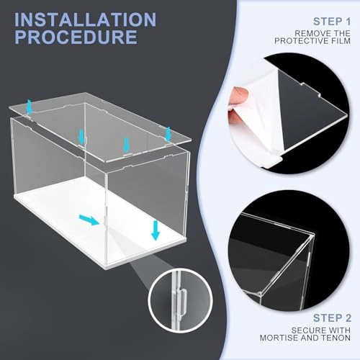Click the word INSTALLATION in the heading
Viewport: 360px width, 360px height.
tap(85, 19)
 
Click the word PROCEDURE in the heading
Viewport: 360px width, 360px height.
tap(76, 37)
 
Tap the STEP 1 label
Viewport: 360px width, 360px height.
tap(332, 22)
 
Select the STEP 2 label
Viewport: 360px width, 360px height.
tap(332, 318)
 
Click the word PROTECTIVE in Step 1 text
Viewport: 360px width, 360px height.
tap(301, 41)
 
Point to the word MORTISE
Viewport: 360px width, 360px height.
tap(279, 338)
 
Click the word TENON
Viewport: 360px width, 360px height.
tap(337, 338)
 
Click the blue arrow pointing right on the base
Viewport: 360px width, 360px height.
tap(89, 220)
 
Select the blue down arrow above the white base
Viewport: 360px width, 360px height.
tap(156, 230)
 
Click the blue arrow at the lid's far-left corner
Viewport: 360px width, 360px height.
tap(30, 107)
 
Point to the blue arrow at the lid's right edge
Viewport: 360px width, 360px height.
tap(168, 133)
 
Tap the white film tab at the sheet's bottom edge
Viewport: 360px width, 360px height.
tap(273, 161)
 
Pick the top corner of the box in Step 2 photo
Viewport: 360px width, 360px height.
tap(312, 235)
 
